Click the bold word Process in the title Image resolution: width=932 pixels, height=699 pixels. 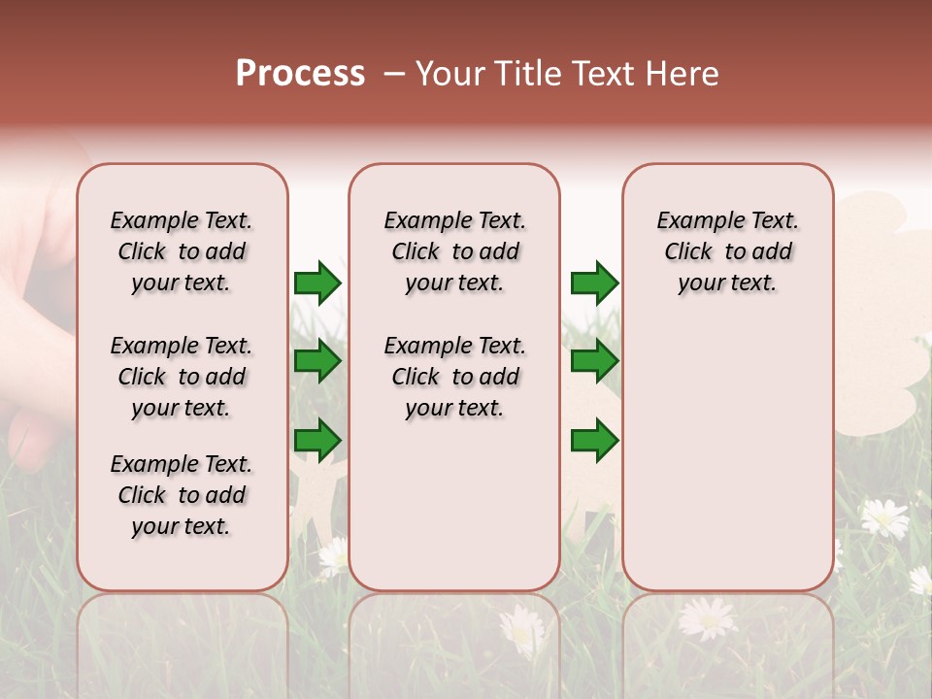[300, 74]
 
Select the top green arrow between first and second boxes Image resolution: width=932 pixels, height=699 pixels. [317, 283]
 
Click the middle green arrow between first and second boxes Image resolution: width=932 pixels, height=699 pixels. [317, 361]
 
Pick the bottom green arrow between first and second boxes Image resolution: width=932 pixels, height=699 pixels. [317, 440]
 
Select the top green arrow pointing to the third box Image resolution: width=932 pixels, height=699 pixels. [594, 283]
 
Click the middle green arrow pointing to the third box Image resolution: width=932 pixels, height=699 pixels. [594, 361]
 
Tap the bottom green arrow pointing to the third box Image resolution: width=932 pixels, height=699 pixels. [594, 440]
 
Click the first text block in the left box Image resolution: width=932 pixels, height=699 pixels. [182, 251]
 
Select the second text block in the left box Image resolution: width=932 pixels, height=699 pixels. [182, 377]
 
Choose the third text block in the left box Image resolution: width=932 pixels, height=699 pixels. [182, 495]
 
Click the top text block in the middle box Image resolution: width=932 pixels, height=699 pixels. [454, 251]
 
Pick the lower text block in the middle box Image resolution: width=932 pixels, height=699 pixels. [454, 377]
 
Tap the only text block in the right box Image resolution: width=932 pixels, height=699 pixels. [727, 251]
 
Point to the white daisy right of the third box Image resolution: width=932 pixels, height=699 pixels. [884, 517]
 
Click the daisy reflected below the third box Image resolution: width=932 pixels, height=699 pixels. [708, 618]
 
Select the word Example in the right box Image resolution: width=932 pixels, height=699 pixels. [693, 221]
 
